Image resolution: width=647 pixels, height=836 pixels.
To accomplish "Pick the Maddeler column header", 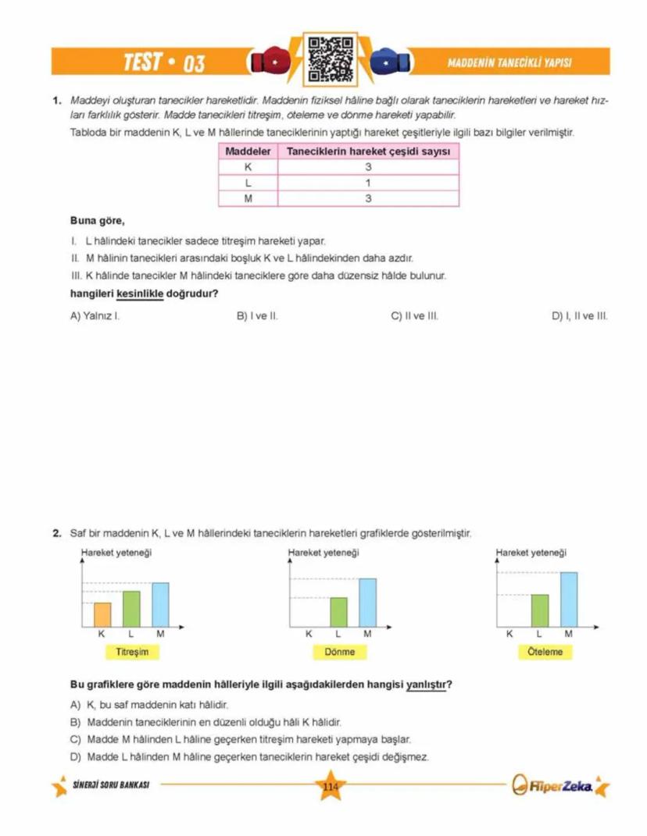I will click(x=248, y=151).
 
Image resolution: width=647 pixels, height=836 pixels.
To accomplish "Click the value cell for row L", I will click(x=368, y=183).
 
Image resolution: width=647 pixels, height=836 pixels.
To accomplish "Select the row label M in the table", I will click(x=248, y=198).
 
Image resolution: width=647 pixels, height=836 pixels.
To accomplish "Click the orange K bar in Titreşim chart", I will click(x=102, y=614).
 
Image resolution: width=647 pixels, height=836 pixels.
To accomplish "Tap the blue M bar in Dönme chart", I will click(x=367, y=602).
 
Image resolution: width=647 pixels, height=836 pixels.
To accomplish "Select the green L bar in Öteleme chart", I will click(x=540, y=610).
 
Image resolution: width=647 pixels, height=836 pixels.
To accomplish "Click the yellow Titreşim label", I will click(x=132, y=652).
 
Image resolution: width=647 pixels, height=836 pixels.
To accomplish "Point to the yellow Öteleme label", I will click(x=545, y=652).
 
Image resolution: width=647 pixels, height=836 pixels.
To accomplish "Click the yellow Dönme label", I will click(x=339, y=652).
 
